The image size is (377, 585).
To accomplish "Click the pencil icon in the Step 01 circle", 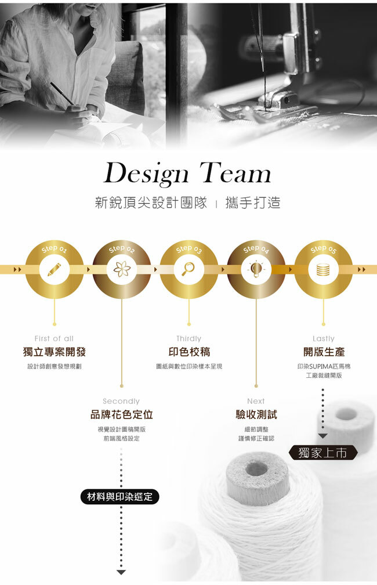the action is click(x=54, y=269).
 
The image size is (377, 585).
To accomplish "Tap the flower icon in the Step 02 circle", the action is click(x=121, y=269).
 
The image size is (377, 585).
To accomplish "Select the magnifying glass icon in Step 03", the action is click(x=188, y=269).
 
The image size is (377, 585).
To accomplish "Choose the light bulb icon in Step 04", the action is click(x=256, y=269).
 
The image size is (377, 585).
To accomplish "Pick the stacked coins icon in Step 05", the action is click(x=323, y=269).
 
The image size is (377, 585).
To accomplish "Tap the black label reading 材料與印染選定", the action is click(x=119, y=497).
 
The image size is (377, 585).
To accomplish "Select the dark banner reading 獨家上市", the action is click(x=322, y=453).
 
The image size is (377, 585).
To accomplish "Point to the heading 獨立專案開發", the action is click(x=54, y=352).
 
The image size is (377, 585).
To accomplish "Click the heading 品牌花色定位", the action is click(x=121, y=414).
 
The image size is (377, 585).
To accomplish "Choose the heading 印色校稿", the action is click(x=188, y=352).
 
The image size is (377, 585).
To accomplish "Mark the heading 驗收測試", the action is click(x=256, y=414).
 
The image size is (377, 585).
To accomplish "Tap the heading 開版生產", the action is click(x=324, y=352).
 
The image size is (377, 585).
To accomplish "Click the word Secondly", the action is click(x=121, y=401).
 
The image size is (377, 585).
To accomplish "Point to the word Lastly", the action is click(x=324, y=338).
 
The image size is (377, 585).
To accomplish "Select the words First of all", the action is click(x=54, y=338).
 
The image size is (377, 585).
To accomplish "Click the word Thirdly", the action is click(x=188, y=338).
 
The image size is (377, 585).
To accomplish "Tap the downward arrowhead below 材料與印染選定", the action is click(x=121, y=572).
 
